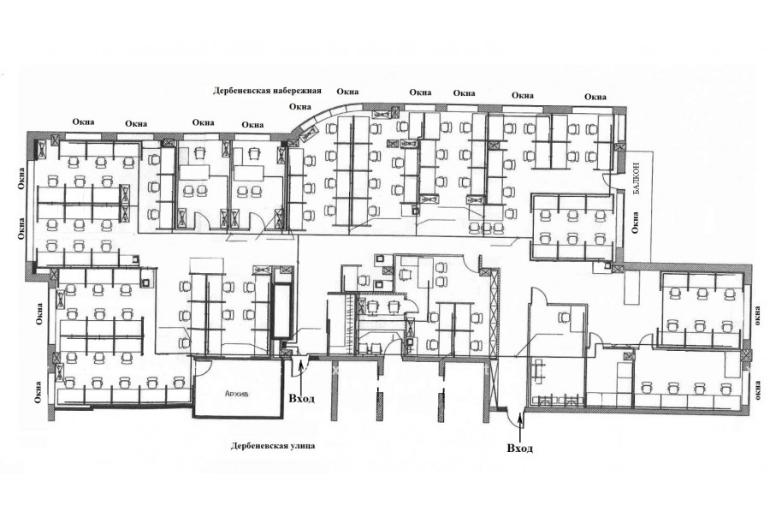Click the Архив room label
(x=236, y=394)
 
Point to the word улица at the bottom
(x=301, y=446)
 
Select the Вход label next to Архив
(x=301, y=398)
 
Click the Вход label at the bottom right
(x=519, y=448)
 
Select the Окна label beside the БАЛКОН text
(x=636, y=223)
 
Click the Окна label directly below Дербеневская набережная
(x=300, y=107)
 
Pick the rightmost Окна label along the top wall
(x=595, y=97)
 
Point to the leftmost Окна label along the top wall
(x=83, y=122)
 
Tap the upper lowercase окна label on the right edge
(x=758, y=315)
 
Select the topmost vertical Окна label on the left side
(x=21, y=178)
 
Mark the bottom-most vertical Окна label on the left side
(x=38, y=392)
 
